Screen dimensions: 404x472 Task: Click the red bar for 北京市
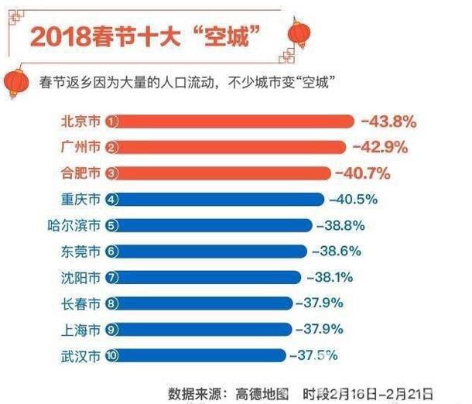coord(232,121)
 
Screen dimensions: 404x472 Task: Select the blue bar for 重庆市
coord(217,199)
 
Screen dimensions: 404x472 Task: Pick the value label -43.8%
coord(389,121)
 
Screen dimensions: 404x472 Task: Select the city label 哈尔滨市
coord(74,225)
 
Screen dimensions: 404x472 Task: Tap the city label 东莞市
coord(80,252)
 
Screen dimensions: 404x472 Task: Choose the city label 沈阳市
coord(80,277)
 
